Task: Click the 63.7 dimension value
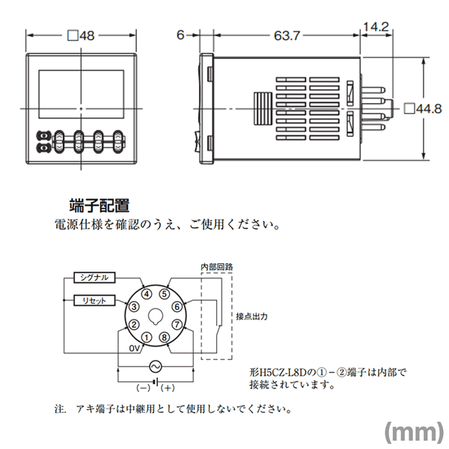click(287, 36)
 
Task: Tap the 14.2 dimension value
click(376, 27)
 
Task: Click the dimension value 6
click(180, 35)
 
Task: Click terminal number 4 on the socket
click(147, 294)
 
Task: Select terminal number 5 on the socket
click(165, 294)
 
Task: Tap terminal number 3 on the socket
click(134, 307)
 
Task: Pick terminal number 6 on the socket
click(177, 307)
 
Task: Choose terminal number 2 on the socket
click(134, 325)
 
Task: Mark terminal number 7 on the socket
click(177, 325)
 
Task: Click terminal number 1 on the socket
click(147, 337)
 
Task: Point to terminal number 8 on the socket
click(165, 337)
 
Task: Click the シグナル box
click(94, 278)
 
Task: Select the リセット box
click(94, 301)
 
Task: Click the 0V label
click(135, 349)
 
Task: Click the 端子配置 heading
click(99, 206)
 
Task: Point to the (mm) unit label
click(414, 433)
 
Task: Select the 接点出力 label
click(251, 317)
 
